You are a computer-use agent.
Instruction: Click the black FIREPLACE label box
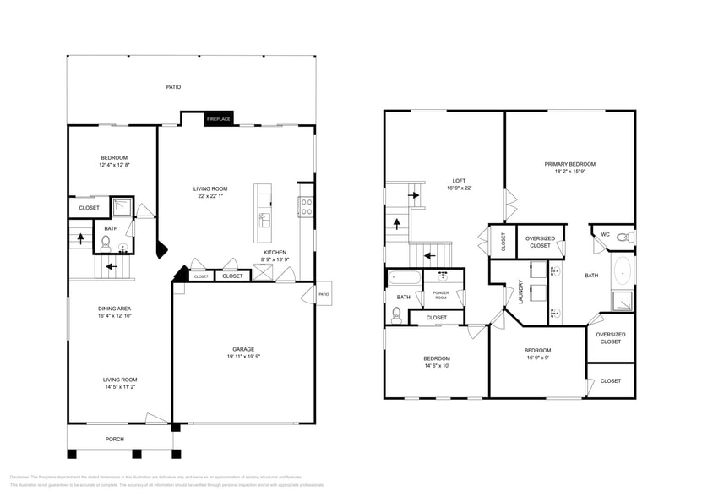click(x=218, y=119)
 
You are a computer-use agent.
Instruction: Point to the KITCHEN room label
click(x=275, y=252)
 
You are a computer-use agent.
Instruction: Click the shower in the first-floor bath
click(x=122, y=207)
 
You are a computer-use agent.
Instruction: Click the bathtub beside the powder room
click(x=403, y=277)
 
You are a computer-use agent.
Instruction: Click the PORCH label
click(x=114, y=439)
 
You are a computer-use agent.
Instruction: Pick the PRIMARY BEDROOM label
click(x=569, y=164)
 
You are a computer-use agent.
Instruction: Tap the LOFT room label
click(x=459, y=180)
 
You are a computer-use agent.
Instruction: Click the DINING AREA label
click(x=113, y=309)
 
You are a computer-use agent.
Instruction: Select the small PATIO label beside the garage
click(x=324, y=294)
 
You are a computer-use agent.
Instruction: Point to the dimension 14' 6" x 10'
click(x=437, y=366)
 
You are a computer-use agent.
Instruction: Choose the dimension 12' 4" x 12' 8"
click(x=114, y=166)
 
